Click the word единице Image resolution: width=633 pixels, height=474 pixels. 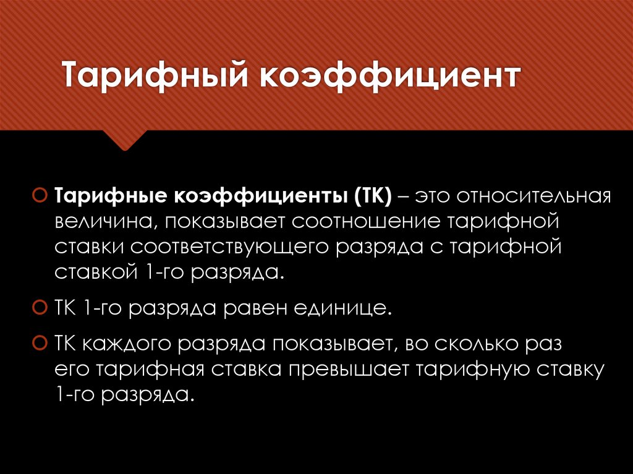pos(344,307)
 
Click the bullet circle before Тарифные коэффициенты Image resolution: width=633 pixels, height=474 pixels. pos(38,197)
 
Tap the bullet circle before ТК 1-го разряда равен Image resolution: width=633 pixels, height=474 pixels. pos(38,307)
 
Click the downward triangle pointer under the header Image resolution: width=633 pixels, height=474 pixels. pos(125,141)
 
